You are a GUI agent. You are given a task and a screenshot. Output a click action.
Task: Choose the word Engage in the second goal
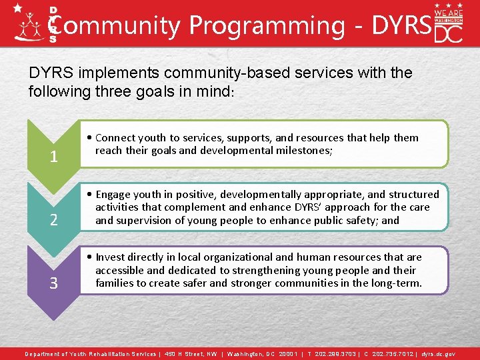113,195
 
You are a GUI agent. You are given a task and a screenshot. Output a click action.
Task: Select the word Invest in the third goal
111,257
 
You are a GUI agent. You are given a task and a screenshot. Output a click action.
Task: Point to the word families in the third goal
115,283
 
